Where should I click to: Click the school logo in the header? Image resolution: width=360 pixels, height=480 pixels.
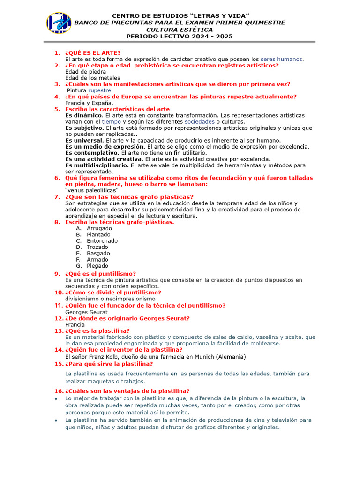[59, 23]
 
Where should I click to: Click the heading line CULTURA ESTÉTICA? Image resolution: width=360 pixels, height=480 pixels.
[180, 30]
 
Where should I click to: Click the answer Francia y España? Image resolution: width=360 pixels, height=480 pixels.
[89, 103]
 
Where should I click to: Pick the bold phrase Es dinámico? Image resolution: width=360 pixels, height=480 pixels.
[84, 115]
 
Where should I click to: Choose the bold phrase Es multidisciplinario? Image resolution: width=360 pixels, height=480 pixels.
[97, 165]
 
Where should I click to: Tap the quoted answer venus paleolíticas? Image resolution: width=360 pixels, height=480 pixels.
[92, 190]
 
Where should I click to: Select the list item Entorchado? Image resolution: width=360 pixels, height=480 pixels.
[102, 240]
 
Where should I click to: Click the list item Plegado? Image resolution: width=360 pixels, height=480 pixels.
[97, 266]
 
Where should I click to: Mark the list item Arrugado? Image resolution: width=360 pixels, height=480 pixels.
[99, 228]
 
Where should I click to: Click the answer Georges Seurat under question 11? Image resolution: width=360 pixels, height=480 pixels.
[86, 312]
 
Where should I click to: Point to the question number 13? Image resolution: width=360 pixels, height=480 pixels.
[59, 331]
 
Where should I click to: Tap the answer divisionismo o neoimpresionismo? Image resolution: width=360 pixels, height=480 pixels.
[110, 299]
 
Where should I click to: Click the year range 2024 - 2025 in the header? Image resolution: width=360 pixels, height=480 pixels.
[210, 36]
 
